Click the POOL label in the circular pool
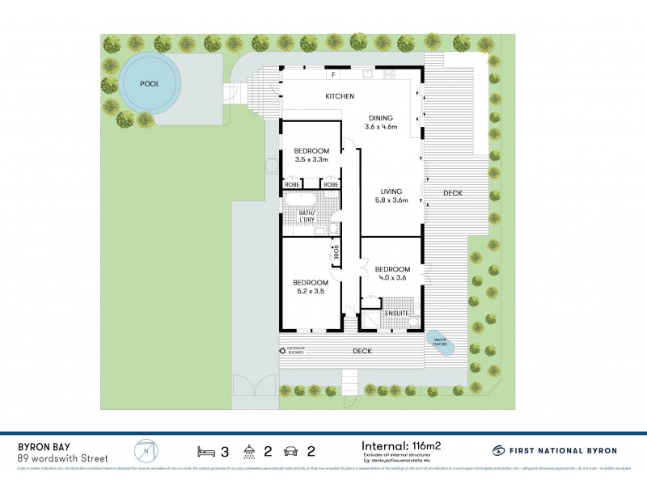tap(150, 83)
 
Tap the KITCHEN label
tap(340, 97)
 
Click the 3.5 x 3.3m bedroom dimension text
tap(311, 160)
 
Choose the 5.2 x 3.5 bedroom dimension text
tap(311, 291)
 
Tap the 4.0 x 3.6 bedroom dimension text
tap(391, 278)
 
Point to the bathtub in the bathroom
tap(301, 199)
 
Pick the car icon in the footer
tap(289, 450)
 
